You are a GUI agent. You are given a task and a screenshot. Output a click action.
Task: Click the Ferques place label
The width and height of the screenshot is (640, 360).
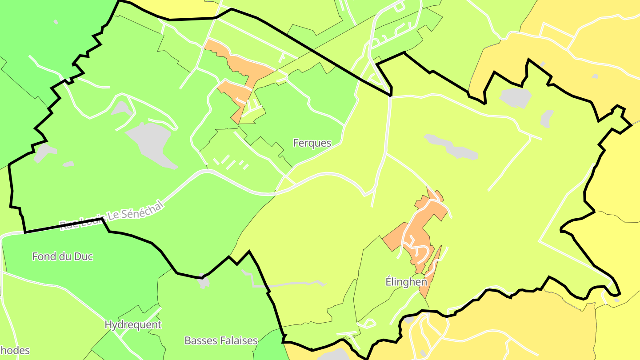coord(312,143)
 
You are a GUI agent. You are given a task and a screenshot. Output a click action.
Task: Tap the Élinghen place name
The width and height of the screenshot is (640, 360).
coord(406,282)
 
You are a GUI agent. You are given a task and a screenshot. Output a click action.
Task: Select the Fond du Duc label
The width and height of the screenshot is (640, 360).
coord(63,256)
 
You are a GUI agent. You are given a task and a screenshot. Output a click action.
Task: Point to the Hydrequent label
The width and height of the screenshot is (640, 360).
coord(133,325)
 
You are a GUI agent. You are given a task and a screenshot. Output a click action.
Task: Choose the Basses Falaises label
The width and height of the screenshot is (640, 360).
coord(221,341)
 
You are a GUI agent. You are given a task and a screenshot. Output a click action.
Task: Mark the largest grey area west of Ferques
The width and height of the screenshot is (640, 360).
coord(150,142)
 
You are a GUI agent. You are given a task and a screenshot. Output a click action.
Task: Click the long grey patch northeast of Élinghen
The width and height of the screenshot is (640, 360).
coord(451,147)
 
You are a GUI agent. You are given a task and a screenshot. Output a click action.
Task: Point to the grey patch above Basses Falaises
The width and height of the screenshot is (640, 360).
coord(204,282)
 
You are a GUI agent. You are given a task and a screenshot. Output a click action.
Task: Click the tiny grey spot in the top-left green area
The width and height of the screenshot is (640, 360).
coord(56,21)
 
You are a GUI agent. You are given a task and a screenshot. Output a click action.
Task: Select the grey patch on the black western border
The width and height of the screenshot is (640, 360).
coord(43,152)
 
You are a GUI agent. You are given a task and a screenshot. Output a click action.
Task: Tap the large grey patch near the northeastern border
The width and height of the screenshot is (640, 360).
coord(516,97)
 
